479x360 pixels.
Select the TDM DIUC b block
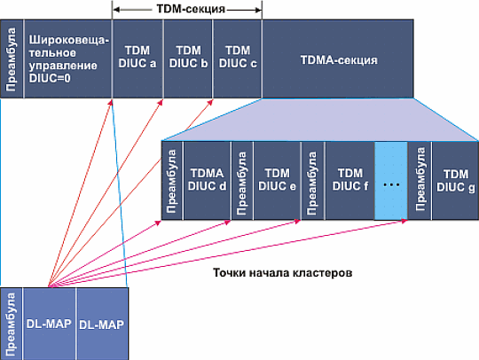coord(187,57)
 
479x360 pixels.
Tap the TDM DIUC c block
coord(237,57)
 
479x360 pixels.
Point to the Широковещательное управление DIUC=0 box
coord(67,57)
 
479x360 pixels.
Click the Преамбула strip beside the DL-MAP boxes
coord(12,322)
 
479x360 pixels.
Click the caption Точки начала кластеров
coord(284,273)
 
